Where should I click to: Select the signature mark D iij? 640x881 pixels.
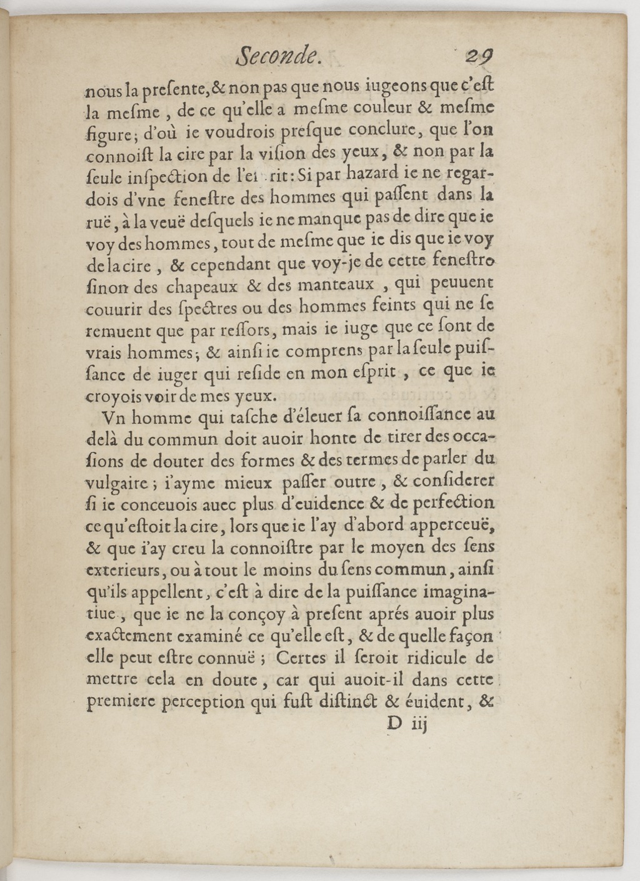(406, 724)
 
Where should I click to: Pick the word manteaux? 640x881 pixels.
(338, 286)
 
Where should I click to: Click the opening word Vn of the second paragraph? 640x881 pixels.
(113, 417)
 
